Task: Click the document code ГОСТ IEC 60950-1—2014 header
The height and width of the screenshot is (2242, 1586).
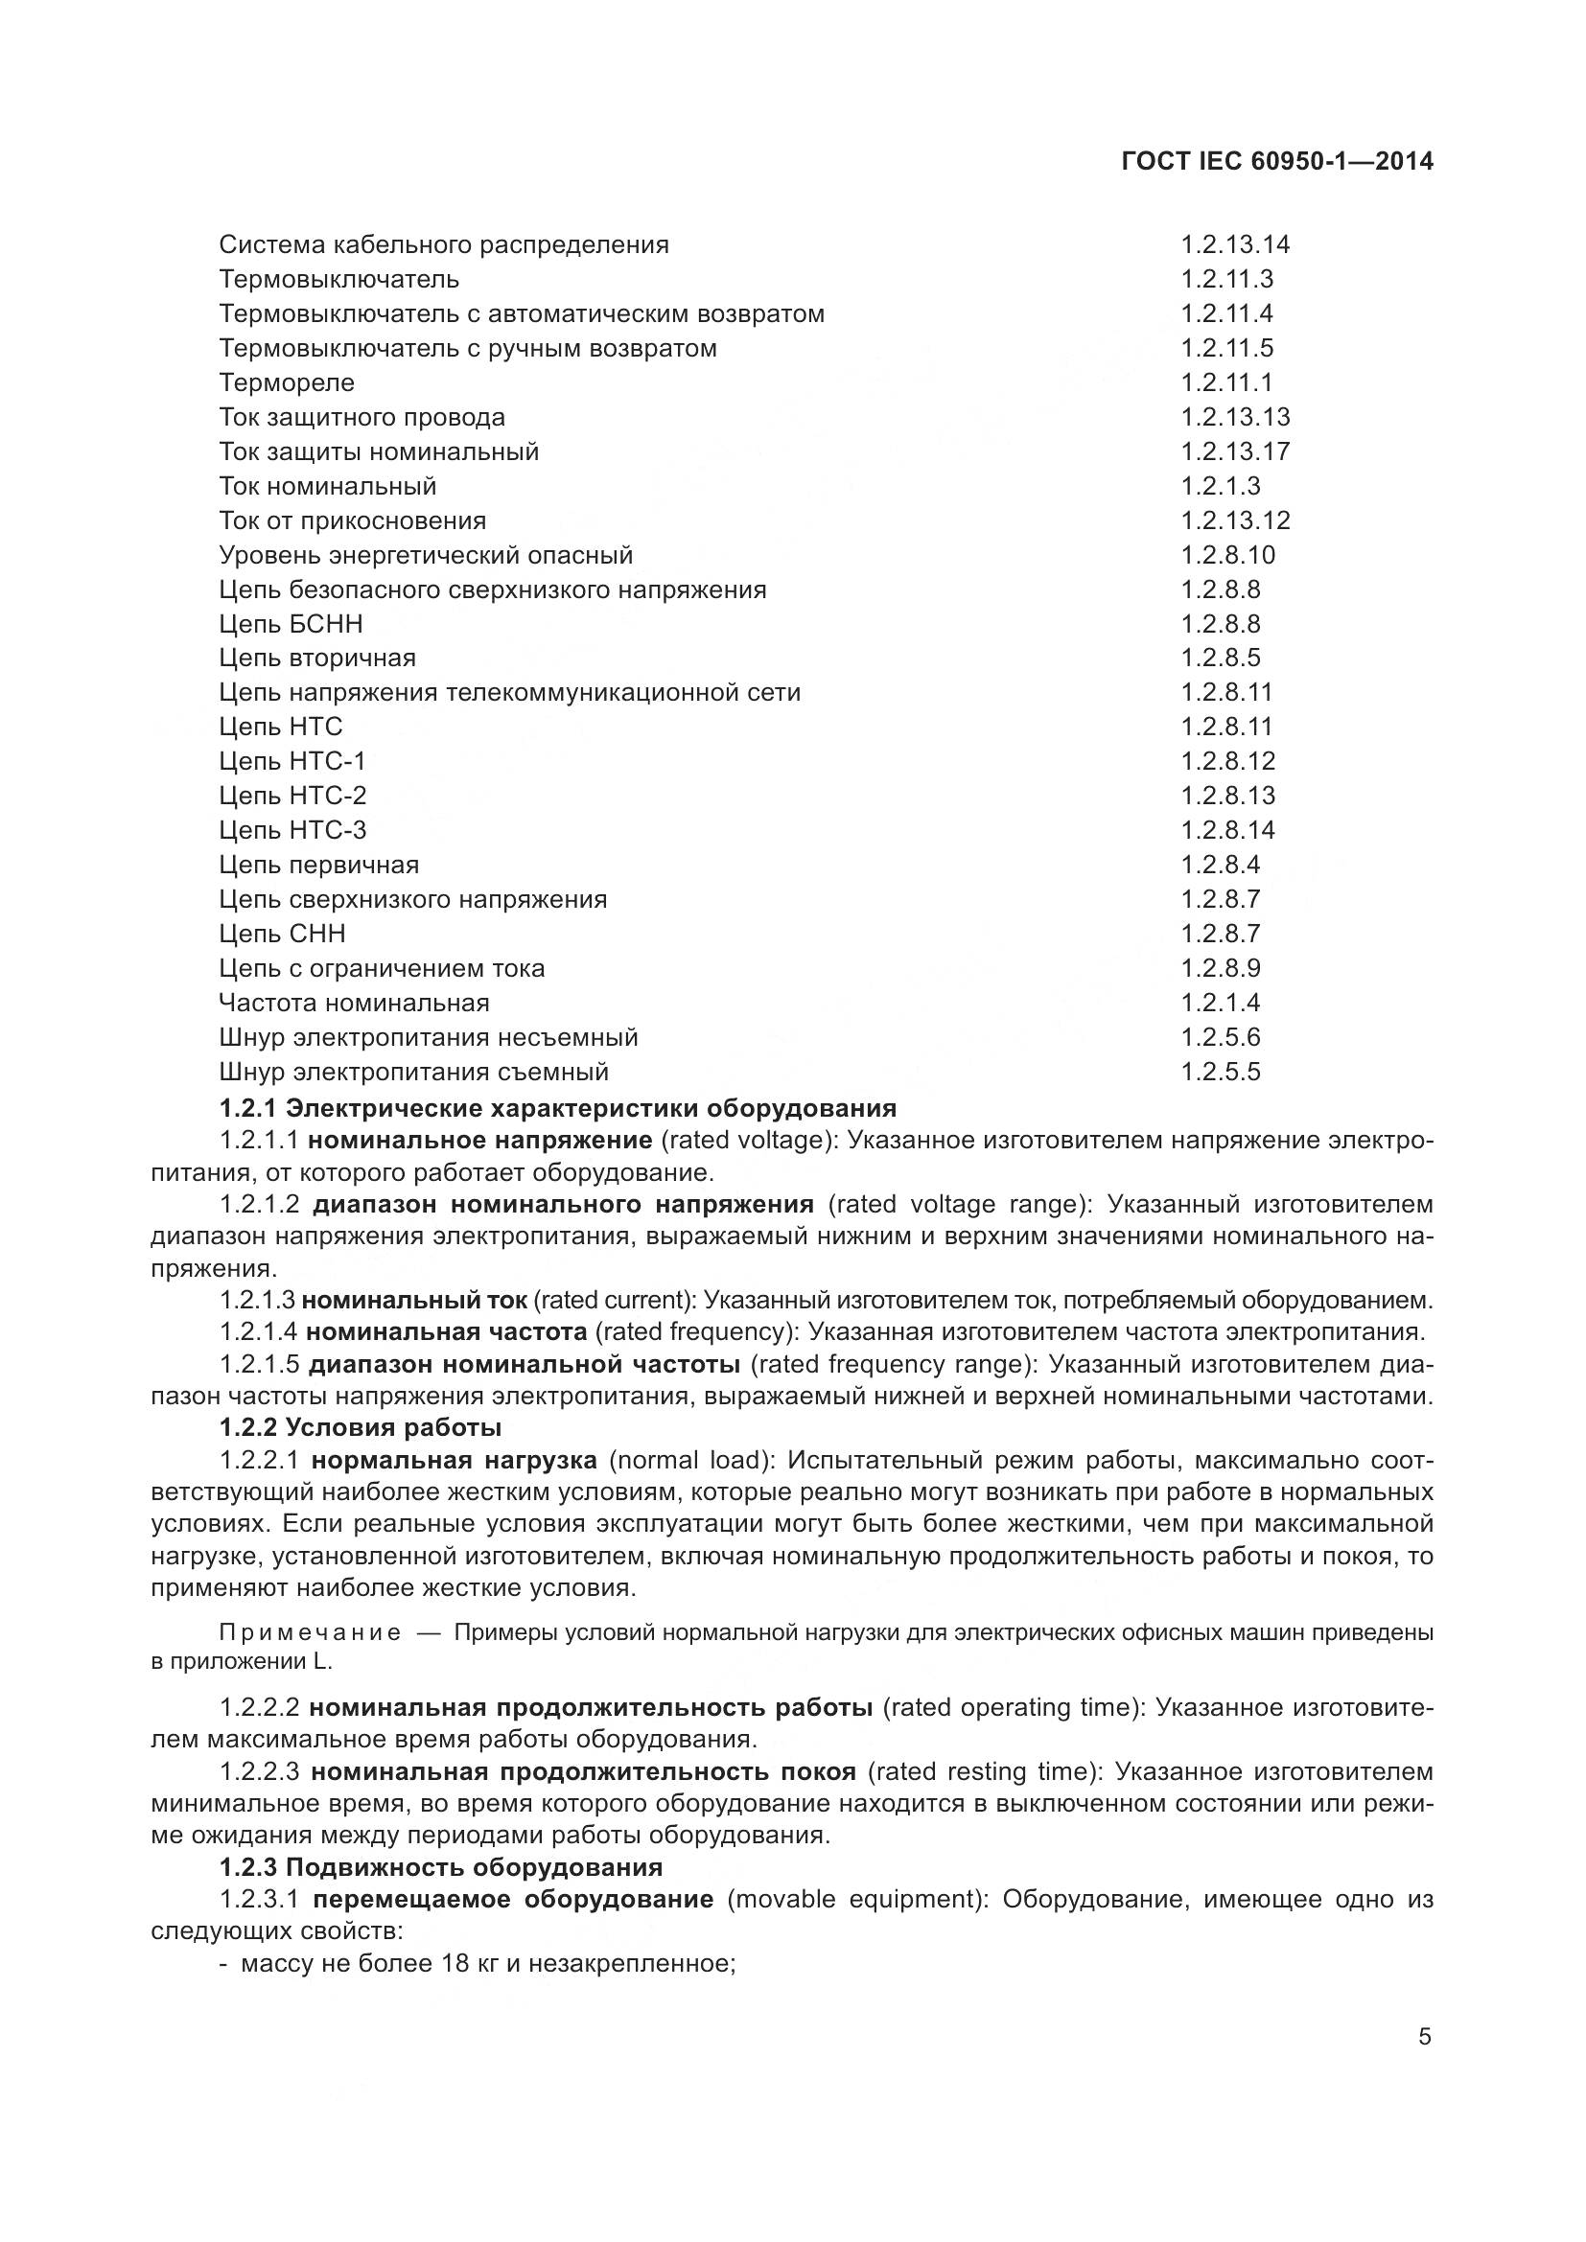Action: tap(1276, 162)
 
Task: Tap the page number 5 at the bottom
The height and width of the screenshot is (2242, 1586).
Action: tap(1425, 2037)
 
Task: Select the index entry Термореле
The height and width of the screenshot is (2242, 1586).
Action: tap(286, 382)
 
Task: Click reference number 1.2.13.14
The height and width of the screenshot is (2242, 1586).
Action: tap(1234, 244)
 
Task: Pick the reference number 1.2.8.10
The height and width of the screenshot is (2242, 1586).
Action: tap(1227, 556)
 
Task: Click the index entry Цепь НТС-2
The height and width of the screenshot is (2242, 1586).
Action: tap(292, 796)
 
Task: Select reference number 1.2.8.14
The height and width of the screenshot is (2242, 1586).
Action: tap(1227, 831)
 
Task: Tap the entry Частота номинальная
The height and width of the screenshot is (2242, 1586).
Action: tap(354, 1003)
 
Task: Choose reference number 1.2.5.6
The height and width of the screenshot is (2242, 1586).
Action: tap(1220, 1037)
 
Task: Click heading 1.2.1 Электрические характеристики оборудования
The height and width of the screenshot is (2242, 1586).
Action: tap(558, 1108)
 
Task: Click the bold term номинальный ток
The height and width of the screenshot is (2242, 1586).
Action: tap(414, 1301)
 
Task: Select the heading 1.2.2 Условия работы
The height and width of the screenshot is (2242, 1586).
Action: tap(361, 1427)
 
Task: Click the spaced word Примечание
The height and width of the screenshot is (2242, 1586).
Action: tap(310, 1632)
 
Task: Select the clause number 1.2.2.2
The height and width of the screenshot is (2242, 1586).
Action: tap(259, 1708)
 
